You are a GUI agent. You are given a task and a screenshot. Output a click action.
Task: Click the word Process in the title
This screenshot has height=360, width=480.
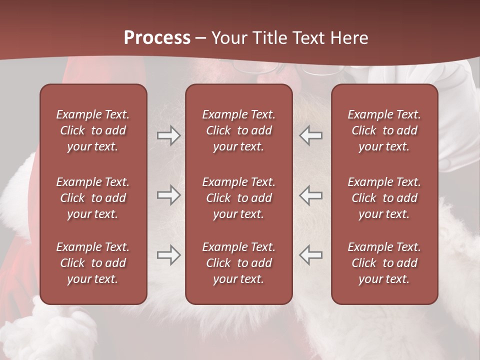tap(157, 38)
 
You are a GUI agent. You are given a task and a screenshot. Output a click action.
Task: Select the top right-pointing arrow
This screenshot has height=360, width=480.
tap(168, 135)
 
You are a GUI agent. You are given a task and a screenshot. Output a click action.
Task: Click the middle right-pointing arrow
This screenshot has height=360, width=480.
tap(168, 195)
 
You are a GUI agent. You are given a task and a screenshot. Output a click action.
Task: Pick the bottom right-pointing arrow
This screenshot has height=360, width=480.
tap(168, 255)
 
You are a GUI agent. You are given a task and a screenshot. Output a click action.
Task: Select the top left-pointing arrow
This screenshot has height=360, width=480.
tap(310, 135)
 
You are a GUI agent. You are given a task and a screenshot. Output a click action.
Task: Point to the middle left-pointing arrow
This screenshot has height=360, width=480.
tap(310, 195)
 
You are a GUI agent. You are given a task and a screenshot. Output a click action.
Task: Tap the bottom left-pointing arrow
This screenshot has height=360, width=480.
tap(310, 255)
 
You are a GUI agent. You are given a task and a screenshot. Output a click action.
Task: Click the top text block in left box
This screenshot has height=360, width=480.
tap(93, 130)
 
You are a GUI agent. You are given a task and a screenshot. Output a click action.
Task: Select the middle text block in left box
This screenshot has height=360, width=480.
tap(93, 198)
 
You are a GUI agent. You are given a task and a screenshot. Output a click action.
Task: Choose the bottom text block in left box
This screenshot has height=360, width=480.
tap(93, 263)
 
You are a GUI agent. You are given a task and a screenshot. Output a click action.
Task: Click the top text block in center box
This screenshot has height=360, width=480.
tap(238, 130)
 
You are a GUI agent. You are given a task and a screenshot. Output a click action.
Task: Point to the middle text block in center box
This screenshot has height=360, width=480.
tap(238, 198)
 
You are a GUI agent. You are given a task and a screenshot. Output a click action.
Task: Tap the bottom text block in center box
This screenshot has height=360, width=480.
tap(238, 263)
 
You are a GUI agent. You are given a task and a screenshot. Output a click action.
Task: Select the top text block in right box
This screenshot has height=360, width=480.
tap(384, 130)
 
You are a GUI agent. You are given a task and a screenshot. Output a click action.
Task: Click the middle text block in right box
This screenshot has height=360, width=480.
tap(384, 198)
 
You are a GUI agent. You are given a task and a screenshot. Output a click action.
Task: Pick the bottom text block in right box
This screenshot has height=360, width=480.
tap(384, 263)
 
